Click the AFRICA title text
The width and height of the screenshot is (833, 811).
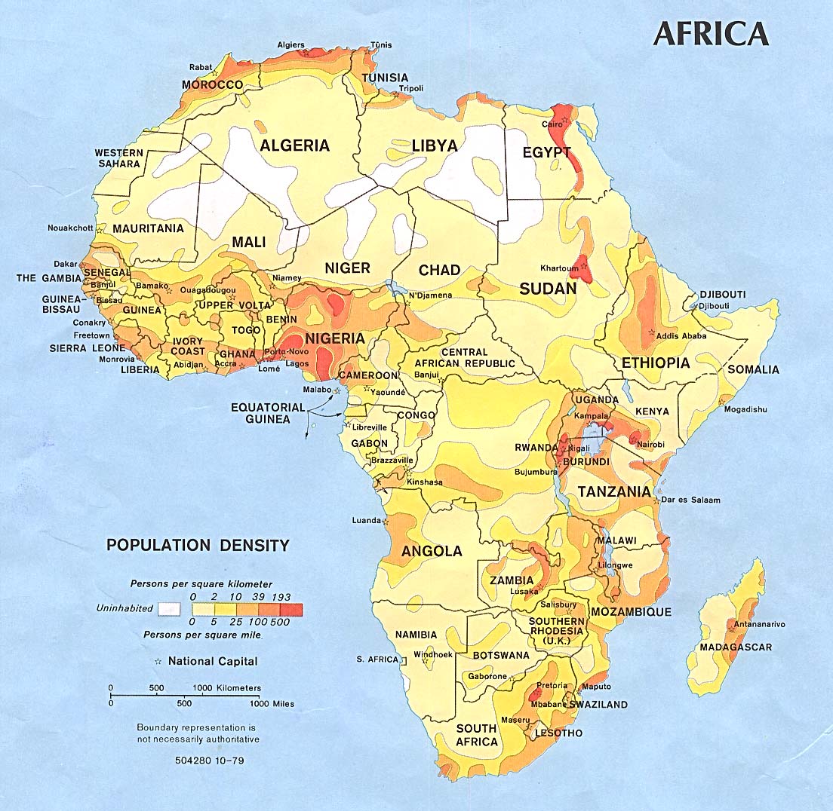point(711,34)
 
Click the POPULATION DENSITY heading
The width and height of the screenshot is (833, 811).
point(198,545)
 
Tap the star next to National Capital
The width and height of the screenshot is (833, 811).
point(158,662)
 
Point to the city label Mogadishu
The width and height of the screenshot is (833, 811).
point(745,409)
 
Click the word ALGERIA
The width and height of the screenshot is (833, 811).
point(295,145)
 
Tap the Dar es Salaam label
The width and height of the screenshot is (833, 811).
point(690,500)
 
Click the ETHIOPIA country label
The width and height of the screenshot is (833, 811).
point(655,363)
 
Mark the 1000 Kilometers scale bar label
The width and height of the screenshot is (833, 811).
point(228,688)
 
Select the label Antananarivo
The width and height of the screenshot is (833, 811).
point(756,624)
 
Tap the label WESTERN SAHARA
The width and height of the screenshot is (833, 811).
point(118,158)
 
